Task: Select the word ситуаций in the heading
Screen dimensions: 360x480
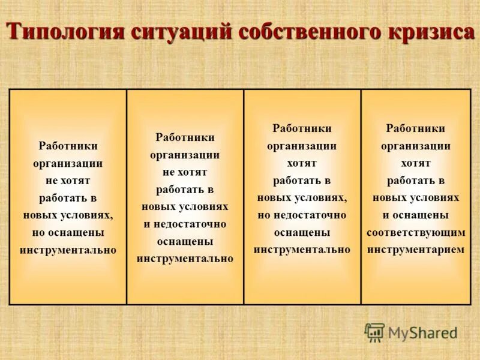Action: (175, 31)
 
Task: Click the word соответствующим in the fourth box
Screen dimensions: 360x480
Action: (416, 232)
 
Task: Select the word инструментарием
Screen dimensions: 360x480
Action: (416, 250)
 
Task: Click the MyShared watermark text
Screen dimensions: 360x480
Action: (422, 332)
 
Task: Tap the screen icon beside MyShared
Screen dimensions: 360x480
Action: (374, 332)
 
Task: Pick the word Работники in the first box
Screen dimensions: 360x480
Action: (68, 146)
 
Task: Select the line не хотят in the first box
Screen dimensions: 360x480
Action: (68, 180)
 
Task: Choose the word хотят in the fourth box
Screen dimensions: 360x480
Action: (416, 163)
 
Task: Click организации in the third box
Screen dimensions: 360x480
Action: (302, 146)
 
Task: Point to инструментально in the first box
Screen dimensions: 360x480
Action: (68, 250)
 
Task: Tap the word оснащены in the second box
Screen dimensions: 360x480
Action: (185, 241)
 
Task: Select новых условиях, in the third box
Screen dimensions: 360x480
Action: (302, 197)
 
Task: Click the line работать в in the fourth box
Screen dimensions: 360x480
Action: (416, 180)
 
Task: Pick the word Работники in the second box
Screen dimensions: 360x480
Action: (185, 137)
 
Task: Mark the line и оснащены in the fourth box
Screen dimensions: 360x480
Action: (416, 215)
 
